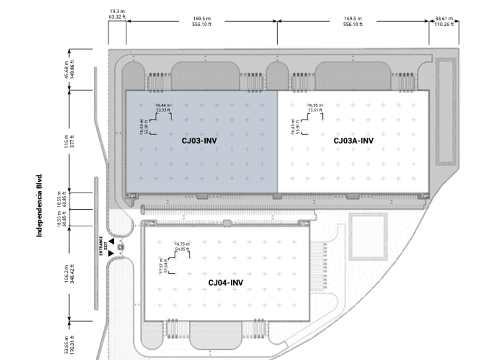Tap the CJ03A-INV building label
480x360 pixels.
(354, 140)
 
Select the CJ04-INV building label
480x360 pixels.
(226, 282)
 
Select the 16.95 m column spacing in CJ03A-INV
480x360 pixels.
(315, 107)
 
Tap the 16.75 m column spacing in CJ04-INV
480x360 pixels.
(182, 246)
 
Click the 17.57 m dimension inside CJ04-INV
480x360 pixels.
(163, 266)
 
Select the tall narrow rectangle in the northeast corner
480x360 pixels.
(446, 111)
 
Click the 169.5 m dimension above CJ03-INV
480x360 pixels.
(202, 21)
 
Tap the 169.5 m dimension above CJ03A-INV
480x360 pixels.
(353, 21)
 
